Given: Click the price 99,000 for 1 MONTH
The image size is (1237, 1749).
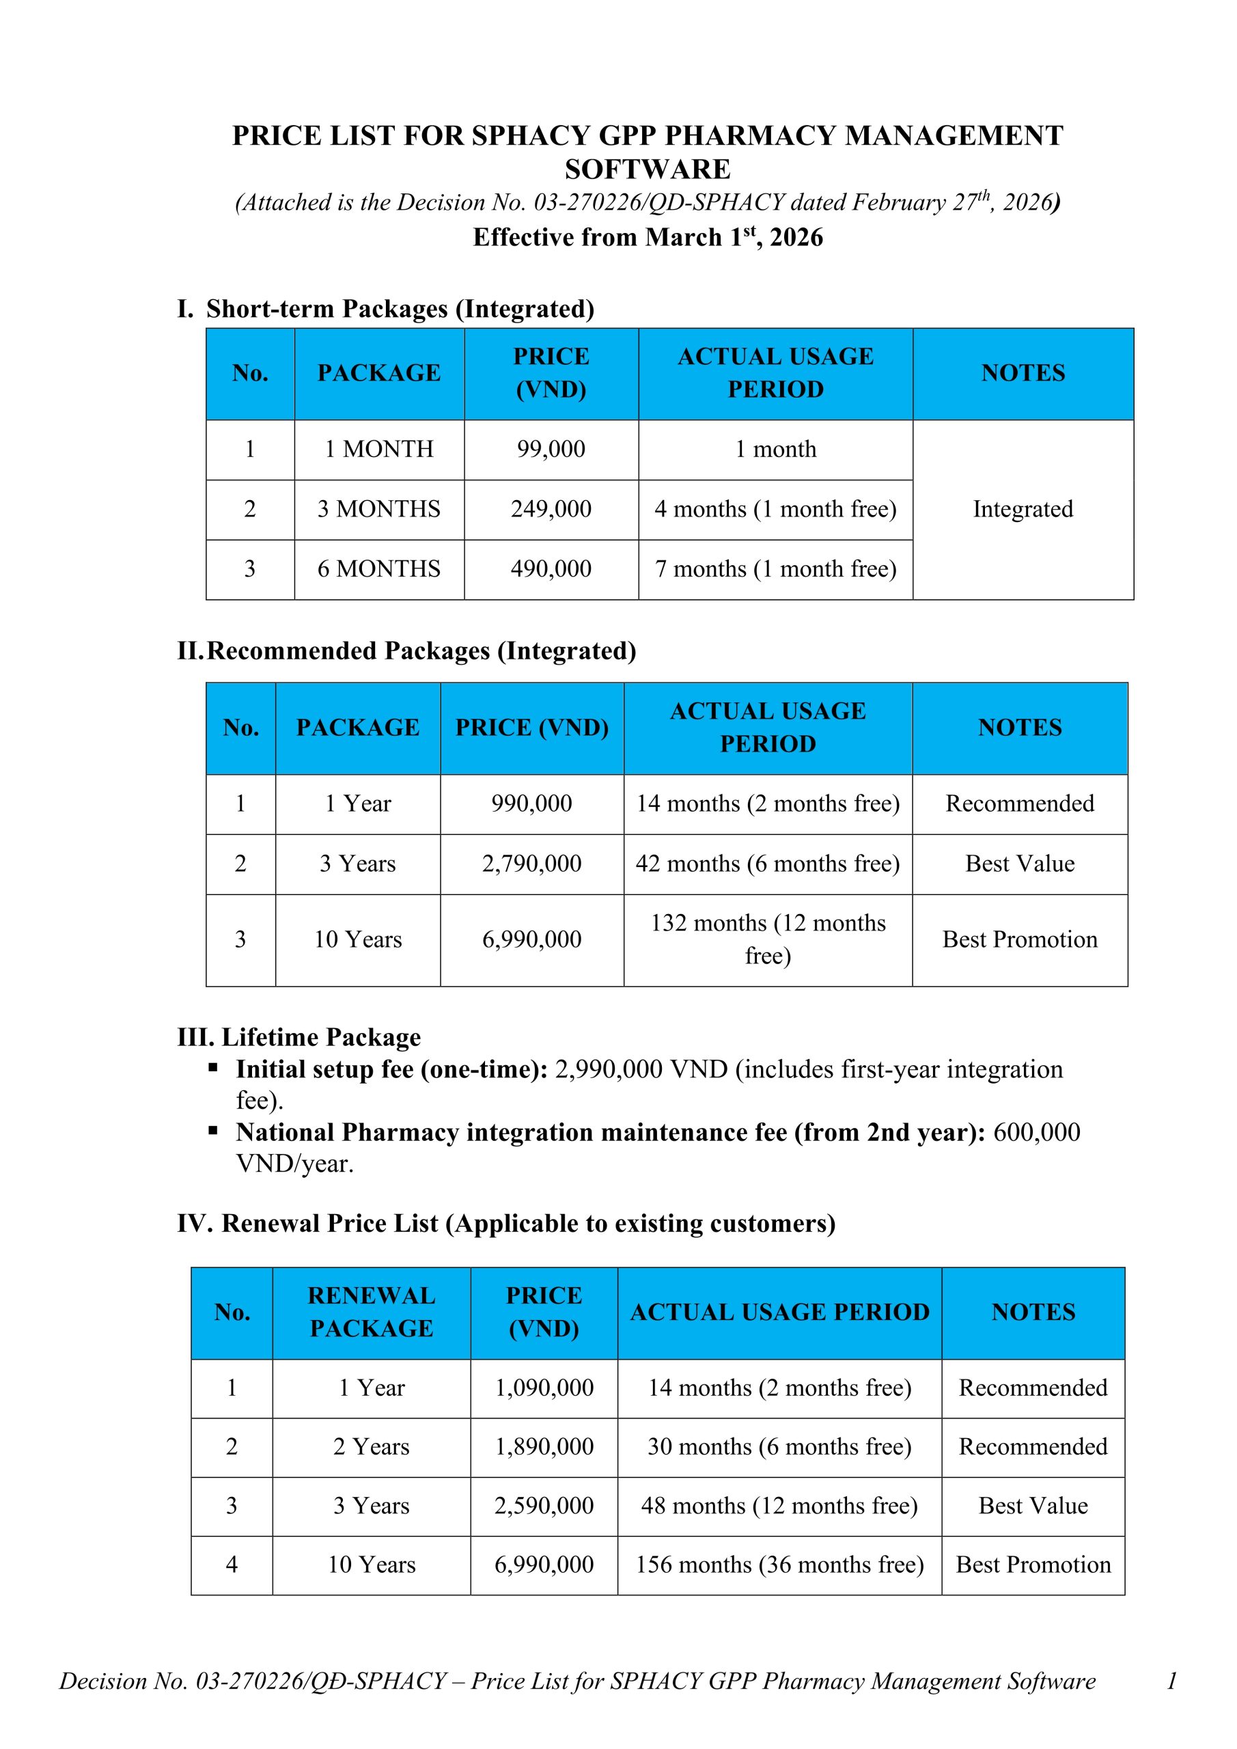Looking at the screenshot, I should (551, 449).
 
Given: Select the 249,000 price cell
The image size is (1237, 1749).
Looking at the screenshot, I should (551, 509).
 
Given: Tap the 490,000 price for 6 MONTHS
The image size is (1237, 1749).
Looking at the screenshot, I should (551, 569).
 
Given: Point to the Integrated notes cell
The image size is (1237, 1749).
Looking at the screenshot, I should (1023, 509).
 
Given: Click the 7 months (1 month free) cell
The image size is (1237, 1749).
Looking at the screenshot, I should (775, 569).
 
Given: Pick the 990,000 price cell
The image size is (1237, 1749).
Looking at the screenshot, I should (531, 803).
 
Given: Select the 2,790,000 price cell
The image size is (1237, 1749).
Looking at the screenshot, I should (531, 864).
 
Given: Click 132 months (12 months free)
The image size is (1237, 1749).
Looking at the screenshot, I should (768, 939).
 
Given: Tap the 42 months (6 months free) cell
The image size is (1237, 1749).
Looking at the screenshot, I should (768, 864).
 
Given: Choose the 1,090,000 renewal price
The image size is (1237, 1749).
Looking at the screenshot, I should (544, 1388).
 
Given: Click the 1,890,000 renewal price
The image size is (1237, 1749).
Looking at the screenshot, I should (544, 1446).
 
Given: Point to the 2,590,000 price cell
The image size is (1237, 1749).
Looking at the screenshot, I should (544, 1506).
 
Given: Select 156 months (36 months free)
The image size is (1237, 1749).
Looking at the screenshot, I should (779, 1565).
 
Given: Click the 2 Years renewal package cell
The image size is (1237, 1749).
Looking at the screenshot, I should (371, 1446).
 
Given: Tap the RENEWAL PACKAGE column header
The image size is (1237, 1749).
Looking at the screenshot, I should (371, 1312).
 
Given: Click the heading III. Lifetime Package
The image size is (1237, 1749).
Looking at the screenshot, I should (298, 1038).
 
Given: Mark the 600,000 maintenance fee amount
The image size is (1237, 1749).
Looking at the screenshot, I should (1036, 1133).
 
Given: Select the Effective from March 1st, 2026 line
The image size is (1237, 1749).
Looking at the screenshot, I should (648, 238).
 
